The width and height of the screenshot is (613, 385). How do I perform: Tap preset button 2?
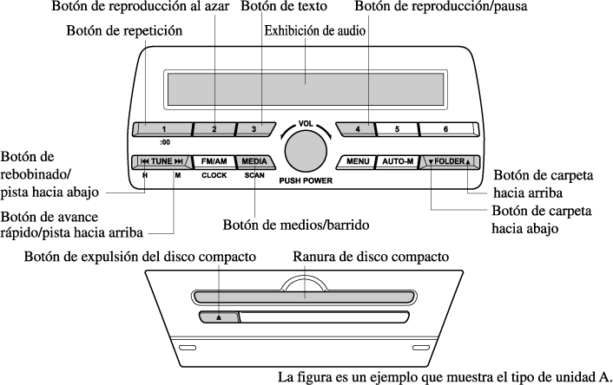[213, 130]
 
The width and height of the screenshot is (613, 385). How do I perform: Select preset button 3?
[254, 130]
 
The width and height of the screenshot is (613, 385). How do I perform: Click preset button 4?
[356, 130]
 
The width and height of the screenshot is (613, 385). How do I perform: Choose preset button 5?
[397, 130]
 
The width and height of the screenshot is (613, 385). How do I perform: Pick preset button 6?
[445, 130]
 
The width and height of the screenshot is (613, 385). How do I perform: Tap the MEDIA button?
[254, 161]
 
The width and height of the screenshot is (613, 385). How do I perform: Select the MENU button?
[357, 162]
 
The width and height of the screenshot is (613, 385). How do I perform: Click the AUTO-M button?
[395, 162]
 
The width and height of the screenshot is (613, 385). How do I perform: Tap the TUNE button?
[162, 161]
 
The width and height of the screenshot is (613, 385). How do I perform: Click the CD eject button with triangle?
[219, 317]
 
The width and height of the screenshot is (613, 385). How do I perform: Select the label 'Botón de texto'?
[284, 8]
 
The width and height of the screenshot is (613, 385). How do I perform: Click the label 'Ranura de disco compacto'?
[371, 258]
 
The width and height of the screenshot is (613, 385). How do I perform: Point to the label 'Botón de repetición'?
[125, 31]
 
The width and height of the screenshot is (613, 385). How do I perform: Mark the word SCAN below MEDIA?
[254, 175]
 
